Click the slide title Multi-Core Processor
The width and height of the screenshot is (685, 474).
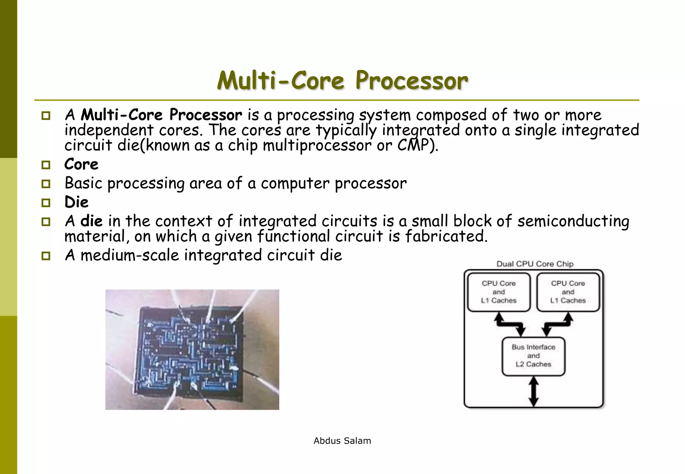pos(342,81)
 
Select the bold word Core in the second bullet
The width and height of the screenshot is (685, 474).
pos(81,164)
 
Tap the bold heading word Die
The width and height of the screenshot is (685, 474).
pos(77,202)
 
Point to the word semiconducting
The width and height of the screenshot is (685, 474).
pos(573,221)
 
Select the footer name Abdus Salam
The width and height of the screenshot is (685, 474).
pos(342,441)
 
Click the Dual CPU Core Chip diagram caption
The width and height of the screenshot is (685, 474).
pos(535,264)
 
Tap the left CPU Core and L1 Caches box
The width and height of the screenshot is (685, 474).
pos(499,292)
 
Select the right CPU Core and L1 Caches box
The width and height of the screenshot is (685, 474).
pos(568,292)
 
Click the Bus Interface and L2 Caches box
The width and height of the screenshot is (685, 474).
pos(533,356)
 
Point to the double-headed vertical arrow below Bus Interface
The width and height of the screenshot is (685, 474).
pos(533,391)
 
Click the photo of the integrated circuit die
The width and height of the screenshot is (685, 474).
pos(192,350)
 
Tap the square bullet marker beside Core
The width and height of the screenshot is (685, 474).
pos(46,165)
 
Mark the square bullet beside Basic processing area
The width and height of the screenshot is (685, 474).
pos(46,184)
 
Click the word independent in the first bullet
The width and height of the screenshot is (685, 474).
pos(109,130)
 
